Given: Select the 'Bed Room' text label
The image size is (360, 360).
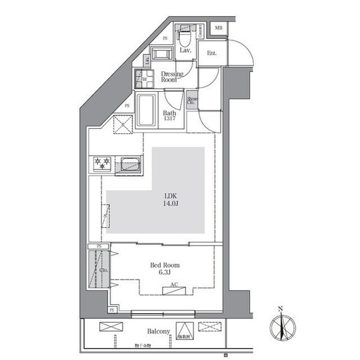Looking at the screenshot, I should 164,265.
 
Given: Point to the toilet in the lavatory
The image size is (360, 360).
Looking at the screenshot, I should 184,38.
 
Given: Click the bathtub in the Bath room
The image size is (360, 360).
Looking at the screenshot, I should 146,110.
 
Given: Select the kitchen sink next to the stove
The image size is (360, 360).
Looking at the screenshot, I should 129,163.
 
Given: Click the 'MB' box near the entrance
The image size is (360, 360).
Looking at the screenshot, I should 218,28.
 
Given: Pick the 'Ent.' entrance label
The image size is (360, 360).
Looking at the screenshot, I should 212,53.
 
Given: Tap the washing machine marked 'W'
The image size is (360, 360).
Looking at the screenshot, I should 144,79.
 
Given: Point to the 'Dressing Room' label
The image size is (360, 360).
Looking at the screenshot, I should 172,76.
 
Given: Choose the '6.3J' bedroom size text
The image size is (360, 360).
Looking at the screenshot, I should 164,273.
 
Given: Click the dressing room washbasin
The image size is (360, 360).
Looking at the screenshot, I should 162,55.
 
